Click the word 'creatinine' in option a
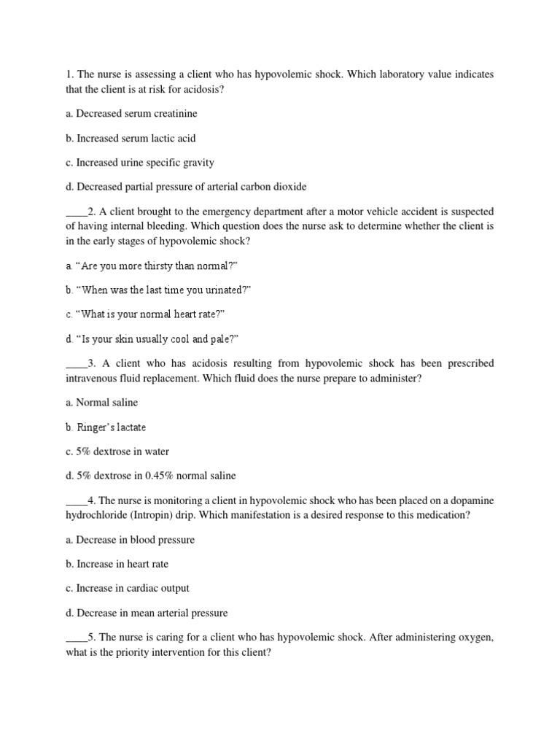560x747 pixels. coord(174,114)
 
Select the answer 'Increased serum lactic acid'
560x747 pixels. coord(131,138)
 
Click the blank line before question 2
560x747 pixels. coord(76,212)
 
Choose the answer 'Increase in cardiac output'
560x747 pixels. coord(128,588)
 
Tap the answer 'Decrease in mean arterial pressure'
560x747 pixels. coord(146,613)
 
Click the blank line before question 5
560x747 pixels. coord(76,638)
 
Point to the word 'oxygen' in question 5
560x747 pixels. coord(475,638)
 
